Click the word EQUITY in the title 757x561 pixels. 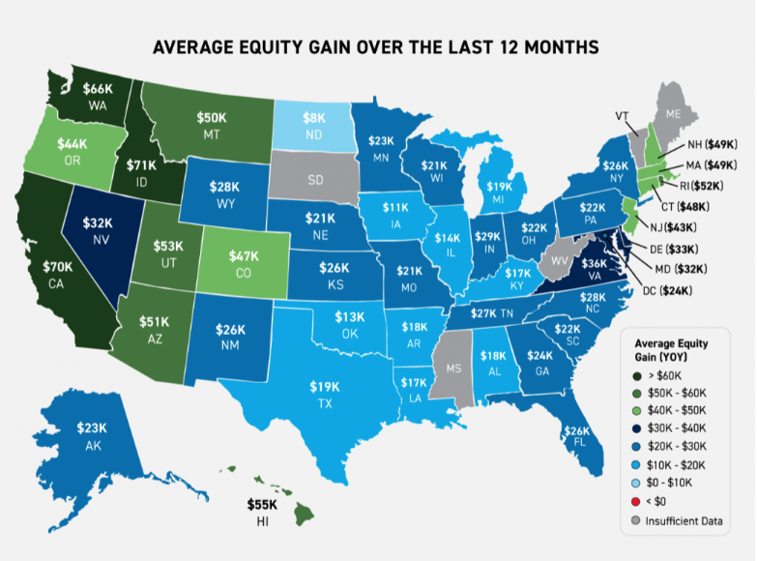[319, 46]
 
